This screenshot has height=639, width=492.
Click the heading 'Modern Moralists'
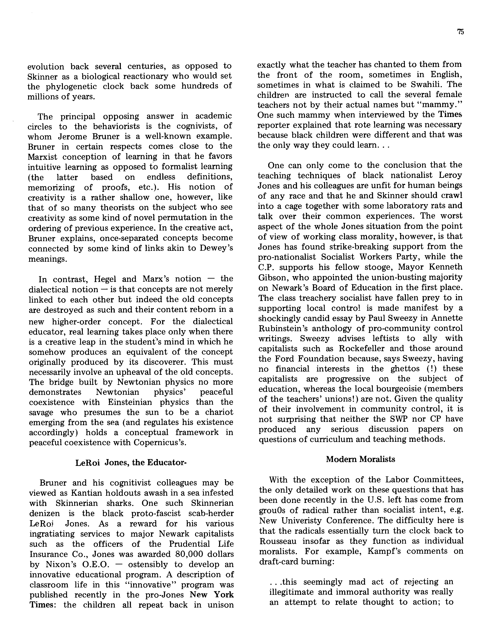360,459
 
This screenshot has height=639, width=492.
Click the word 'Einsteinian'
130,402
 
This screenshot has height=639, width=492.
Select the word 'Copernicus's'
160,442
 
